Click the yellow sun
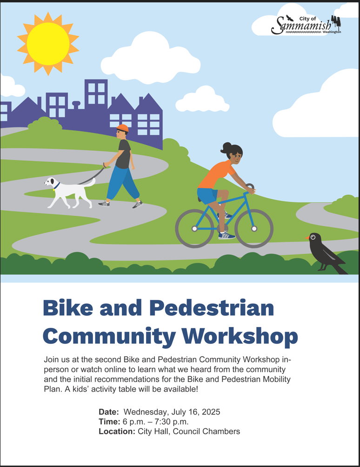point(48,44)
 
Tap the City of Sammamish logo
point(306,25)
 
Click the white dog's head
point(50,181)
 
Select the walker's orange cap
point(122,128)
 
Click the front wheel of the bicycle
point(254,228)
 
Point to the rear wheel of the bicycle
point(194,228)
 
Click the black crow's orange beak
point(307,238)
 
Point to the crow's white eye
point(313,237)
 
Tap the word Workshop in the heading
point(240,336)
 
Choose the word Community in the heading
point(109,337)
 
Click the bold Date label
point(109,412)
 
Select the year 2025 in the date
point(211,412)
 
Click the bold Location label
point(117,431)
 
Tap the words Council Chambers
point(207,431)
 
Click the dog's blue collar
point(57,186)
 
